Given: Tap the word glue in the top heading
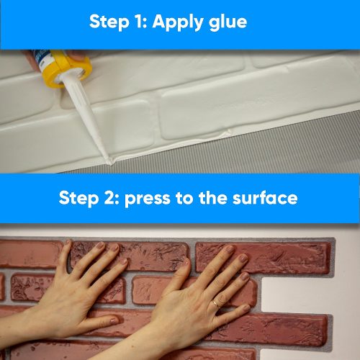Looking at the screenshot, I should (x=226, y=22).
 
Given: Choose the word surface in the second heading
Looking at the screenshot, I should (x=266, y=198).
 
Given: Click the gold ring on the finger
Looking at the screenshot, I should (x=215, y=305).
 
